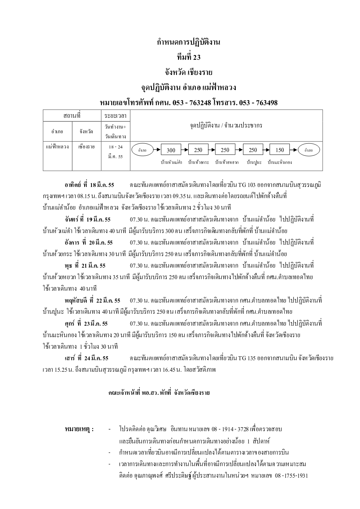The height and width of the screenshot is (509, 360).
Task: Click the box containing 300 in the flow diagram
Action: coord(171,150)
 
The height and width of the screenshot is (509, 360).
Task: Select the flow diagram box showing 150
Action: coord(280,150)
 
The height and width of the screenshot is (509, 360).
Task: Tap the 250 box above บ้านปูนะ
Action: coord(253,150)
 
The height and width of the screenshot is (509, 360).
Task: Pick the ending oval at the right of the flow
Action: coord(309,150)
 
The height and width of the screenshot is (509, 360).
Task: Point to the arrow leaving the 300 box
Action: coord(185,150)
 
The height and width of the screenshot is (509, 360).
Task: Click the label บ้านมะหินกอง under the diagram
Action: coord(280,162)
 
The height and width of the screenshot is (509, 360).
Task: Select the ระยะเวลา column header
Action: coord(115,116)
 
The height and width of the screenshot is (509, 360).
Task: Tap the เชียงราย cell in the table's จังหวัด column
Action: coord(86,147)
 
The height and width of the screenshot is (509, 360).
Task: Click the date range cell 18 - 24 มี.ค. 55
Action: coord(115,152)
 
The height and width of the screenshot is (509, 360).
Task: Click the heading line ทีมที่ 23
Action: coord(189,57)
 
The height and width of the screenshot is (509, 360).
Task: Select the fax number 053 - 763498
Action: coord(258,103)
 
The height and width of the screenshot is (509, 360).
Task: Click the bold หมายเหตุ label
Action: coord(79,429)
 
